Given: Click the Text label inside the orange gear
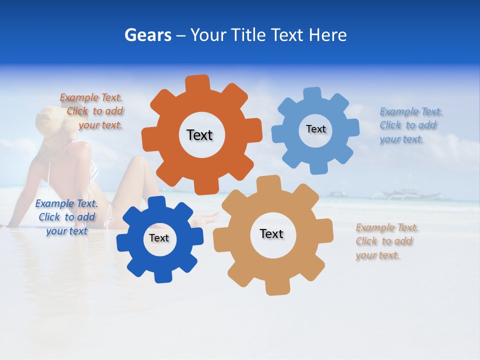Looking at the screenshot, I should (x=199, y=135).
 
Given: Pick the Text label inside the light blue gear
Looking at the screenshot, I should (x=315, y=129).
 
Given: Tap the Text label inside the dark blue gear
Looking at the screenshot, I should (x=159, y=238).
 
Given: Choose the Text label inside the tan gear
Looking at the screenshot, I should (x=271, y=233).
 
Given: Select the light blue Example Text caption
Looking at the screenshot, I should (x=409, y=125).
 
